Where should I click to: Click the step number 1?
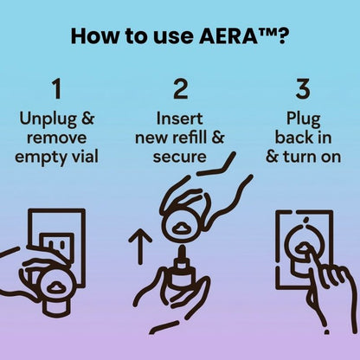click(x=56, y=90)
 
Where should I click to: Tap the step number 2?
click(x=180, y=90)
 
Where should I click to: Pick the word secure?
click(x=180, y=157)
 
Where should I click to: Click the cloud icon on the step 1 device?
click(x=50, y=286)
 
